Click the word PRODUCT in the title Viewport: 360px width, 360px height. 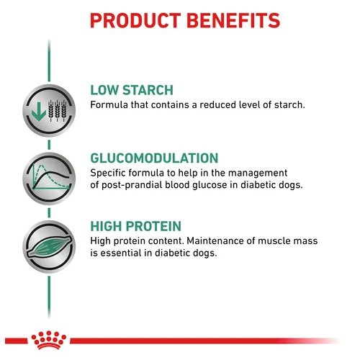coord(135,21)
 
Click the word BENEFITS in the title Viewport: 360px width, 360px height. coord(233,21)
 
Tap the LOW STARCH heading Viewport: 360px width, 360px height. coord(132,90)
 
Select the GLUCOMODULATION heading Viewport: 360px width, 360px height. coord(154,158)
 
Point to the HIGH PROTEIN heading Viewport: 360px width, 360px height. coord(136,226)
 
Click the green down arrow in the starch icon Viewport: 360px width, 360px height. coord(39,112)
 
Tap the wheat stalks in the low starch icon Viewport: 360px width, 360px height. coord(58,111)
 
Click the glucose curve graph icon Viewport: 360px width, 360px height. coord(49,179)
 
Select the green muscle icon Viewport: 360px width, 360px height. coord(49,246)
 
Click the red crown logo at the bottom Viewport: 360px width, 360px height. coord(49,340)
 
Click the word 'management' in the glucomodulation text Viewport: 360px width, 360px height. coord(258,174)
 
